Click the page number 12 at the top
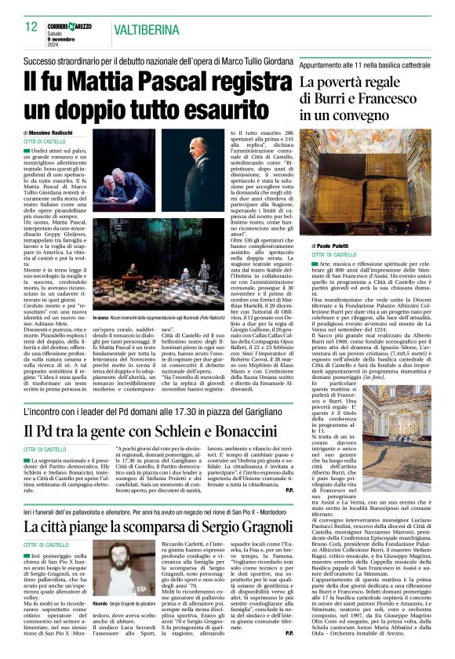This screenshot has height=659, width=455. point(31,27)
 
